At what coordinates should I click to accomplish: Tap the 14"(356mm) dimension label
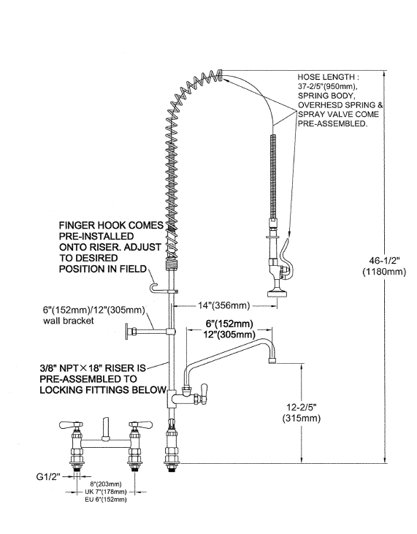click(224, 305)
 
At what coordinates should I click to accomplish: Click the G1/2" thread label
click(48, 477)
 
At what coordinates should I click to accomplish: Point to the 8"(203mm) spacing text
click(106, 484)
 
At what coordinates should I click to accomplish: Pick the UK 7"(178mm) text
click(106, 492)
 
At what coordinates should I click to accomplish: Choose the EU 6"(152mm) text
click(106, 500)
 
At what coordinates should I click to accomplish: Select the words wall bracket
click(69, 321)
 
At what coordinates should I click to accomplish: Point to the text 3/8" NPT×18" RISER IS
click(93, 368)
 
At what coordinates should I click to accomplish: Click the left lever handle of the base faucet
click(71, 424)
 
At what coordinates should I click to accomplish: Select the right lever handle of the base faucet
click(140, 424)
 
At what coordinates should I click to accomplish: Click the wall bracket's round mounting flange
click(126, 332)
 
